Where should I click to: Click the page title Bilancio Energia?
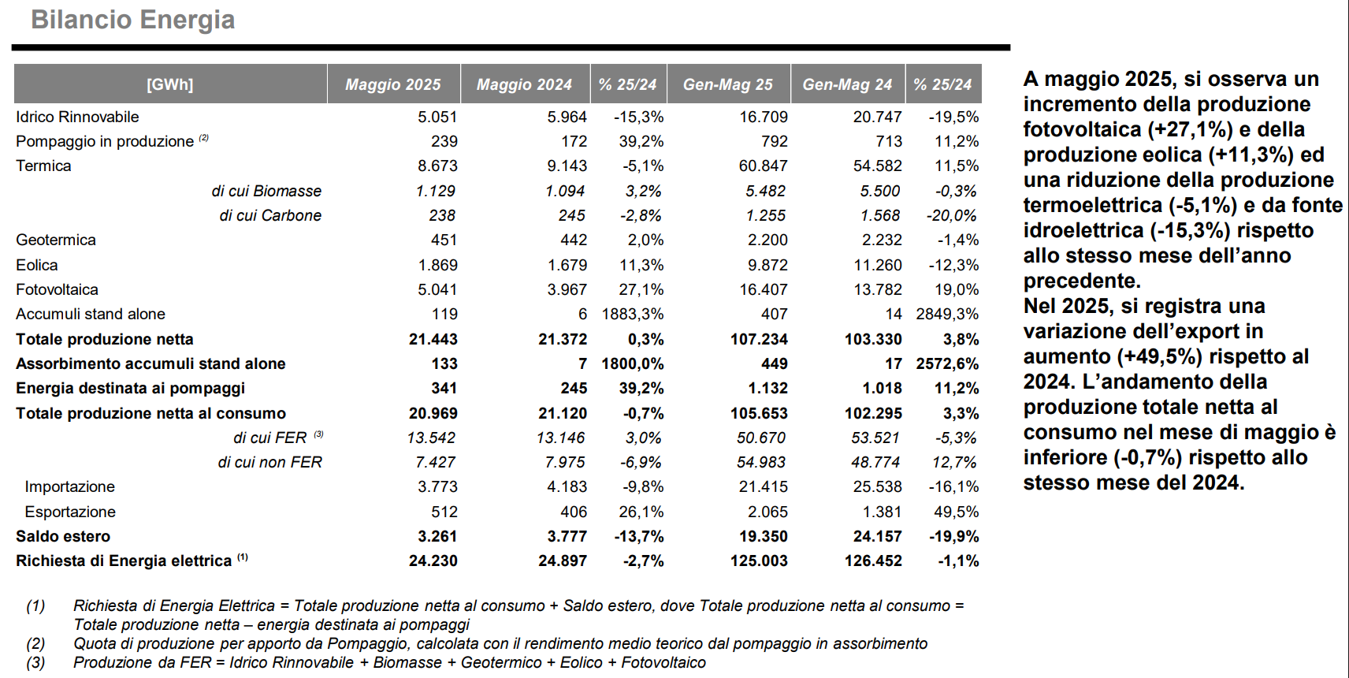(132, 19)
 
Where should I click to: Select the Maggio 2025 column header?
(392, 84)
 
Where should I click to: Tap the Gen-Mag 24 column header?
(847, 84)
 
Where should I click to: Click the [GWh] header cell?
(170, 84)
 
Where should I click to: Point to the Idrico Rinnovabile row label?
(77, 117)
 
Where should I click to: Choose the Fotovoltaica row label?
(57, 289)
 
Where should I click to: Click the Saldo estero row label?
(63, 536)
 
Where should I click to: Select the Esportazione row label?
(70, 512)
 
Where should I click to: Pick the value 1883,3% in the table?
(632, 314)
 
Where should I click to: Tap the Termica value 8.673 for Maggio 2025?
(438, 166)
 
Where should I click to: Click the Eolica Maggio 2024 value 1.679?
(567, 265)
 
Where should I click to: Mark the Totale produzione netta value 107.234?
(759, 339)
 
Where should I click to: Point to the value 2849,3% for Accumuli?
(947, 314)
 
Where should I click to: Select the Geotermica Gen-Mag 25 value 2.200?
(767, 240)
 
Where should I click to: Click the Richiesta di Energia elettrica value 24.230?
(433, 561)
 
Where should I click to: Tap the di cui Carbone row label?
(270, 215)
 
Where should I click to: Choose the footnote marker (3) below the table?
(35, 662)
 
